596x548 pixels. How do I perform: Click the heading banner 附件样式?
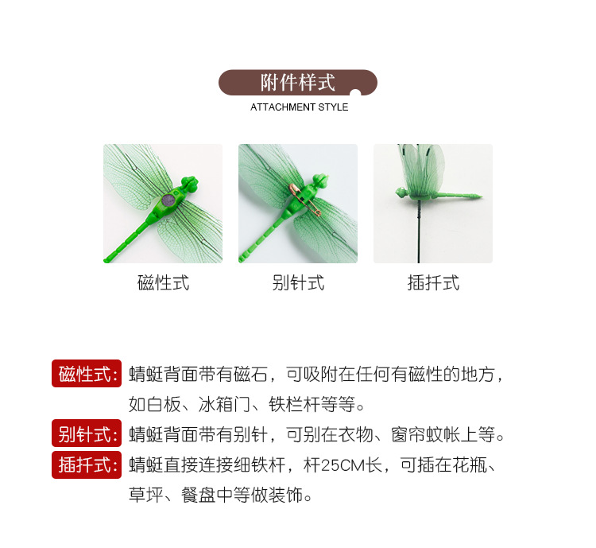click(x=297, y=83)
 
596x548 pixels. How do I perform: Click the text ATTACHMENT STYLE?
click(x=299, y=107)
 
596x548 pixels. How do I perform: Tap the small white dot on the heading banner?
click(x=355, y=95)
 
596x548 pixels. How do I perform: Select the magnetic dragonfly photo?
click(x=163, y=203)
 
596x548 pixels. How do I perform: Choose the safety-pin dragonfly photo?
click(x=298, y=203)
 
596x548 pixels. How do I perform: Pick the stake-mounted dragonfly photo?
click(x=433, y=203)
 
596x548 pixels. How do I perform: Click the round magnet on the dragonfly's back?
click(x=168, y=201)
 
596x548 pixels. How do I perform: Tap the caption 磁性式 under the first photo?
click(x=163, y=283)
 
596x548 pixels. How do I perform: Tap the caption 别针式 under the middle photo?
click(x=298, y=283)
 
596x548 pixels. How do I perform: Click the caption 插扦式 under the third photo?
click(x=433, y=283)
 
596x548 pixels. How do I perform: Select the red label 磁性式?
click(x=87, y=374)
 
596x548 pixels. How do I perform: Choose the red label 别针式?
click(x=87, y=434)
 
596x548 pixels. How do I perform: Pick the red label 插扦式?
click(x=87, y=464)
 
